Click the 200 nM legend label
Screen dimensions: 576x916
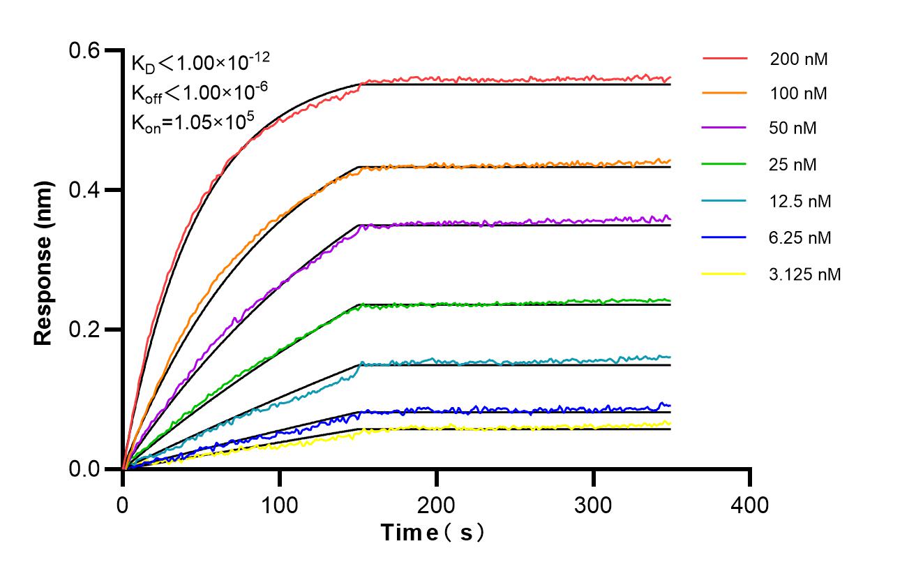pyautogui.click(x=799, y=59)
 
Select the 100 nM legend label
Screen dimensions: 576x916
pyautogui.click(x=799, y=93)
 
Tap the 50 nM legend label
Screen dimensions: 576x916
pyautogui.click(x=793, y=128)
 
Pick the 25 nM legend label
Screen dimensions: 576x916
pyautogui.click(x=793, y=165)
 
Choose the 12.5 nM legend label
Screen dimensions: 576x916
pyautogui.click(x=800, y=202)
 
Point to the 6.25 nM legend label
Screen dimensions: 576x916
pyautogui.click(x=800, y=238)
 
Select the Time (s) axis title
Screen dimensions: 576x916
pyautogui.click(x=433, y=533)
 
